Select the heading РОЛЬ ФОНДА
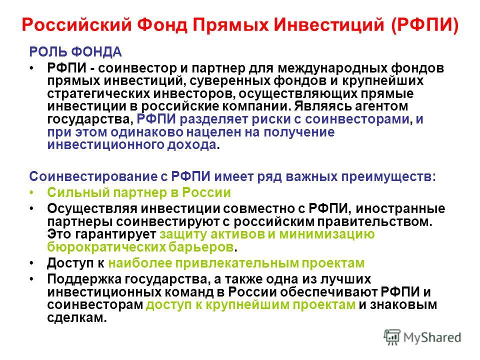(x=75, y=52)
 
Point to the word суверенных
(x=230, y=81)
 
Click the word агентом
(x=381, y=106)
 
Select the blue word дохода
(x=191, y=145)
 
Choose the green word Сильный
(x=78, y=192)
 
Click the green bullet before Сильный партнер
(x=32, y=192)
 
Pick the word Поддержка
(x=84, y=279)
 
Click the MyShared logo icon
(x=392, y=337)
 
